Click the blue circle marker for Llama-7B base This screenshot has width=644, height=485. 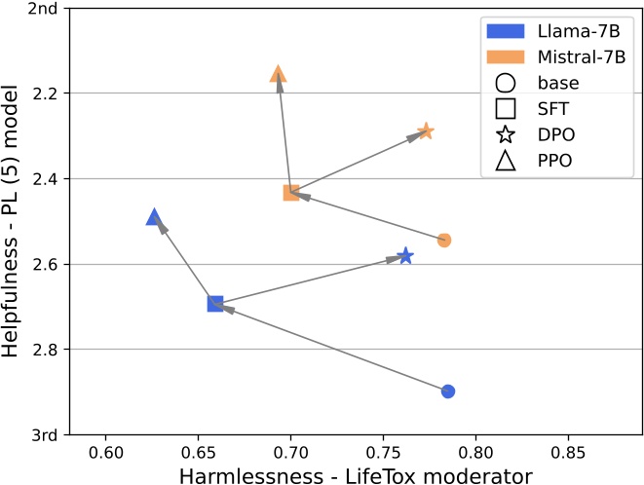[448, 392]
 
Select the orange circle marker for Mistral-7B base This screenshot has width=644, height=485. [444, 240]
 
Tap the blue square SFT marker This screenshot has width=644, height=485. [215, 304]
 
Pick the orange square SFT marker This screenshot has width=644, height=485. [290, 193]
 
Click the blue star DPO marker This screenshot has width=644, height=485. [405, 256]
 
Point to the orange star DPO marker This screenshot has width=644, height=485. [426, 131]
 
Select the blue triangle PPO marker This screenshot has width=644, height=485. [154, 217]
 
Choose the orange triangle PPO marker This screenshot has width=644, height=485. [278, 74]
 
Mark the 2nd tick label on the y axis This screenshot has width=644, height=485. [47, 9]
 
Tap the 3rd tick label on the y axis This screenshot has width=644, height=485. [47, 434]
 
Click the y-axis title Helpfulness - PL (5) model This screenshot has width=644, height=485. [13, 221]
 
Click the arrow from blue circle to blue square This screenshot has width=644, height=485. [331, 348]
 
